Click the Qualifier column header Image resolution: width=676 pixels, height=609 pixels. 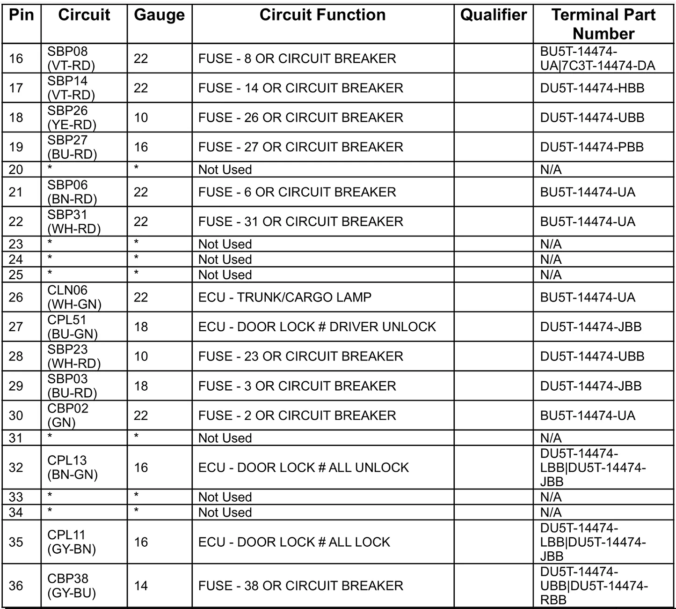point(493,15)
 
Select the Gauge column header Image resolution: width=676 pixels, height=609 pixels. point(159,15)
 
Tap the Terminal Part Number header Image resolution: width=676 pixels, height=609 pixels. point(603,24)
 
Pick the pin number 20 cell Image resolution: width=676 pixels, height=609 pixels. point(16,170)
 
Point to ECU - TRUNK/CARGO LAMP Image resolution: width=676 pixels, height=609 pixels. point(284,297)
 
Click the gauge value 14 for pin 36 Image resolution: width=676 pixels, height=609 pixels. point(141,586)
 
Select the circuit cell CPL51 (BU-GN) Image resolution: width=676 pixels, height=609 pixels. point(73,327)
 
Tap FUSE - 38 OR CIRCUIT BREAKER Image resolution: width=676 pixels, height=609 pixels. point(300,586)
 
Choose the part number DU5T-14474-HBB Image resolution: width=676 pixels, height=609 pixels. point(592,88)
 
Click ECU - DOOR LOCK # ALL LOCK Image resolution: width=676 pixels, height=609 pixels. point(294,542)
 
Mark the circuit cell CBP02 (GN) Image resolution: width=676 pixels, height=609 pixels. point(68,416)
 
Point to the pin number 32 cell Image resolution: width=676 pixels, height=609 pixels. point(16,468)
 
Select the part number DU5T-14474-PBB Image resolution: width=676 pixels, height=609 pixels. point(592,147)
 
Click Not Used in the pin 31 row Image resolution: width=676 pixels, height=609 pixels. point(225,438)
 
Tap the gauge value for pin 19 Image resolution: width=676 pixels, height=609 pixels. point(141,147)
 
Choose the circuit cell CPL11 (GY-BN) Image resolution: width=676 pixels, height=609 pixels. point(72,542)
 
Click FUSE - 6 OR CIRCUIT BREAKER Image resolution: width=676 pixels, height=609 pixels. point(297,192)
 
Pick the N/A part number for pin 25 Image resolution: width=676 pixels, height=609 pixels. point(551,275)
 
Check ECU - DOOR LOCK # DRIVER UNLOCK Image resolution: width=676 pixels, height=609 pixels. point(317,327)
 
